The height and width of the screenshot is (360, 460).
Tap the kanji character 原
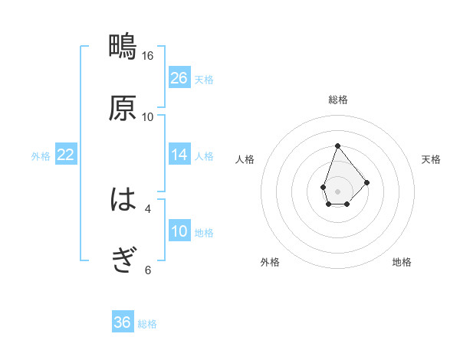(123, 108)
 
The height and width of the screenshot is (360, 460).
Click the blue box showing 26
(179, 78)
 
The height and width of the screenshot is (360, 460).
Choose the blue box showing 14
(179, 155)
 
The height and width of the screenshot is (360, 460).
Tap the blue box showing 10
(179, 231)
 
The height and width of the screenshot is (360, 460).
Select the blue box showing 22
(66, 155)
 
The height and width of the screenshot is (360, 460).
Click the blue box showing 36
(123, 322)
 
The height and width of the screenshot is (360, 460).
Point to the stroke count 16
(148, 56)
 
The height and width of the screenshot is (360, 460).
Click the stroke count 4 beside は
(148, 208)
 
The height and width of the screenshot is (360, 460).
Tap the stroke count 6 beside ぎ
(148, 270)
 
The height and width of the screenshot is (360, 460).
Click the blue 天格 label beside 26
(204, 80)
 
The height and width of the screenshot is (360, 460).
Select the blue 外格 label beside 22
(41, 156)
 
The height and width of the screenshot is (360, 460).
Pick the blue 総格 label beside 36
(147, 324)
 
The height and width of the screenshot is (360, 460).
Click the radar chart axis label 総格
(337, 100)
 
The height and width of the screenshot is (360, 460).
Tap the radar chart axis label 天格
(431, 159)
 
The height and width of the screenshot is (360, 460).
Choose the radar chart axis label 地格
(402, 262)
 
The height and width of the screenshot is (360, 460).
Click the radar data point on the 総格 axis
(337, 146)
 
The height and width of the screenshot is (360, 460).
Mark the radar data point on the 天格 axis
(367, 182)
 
